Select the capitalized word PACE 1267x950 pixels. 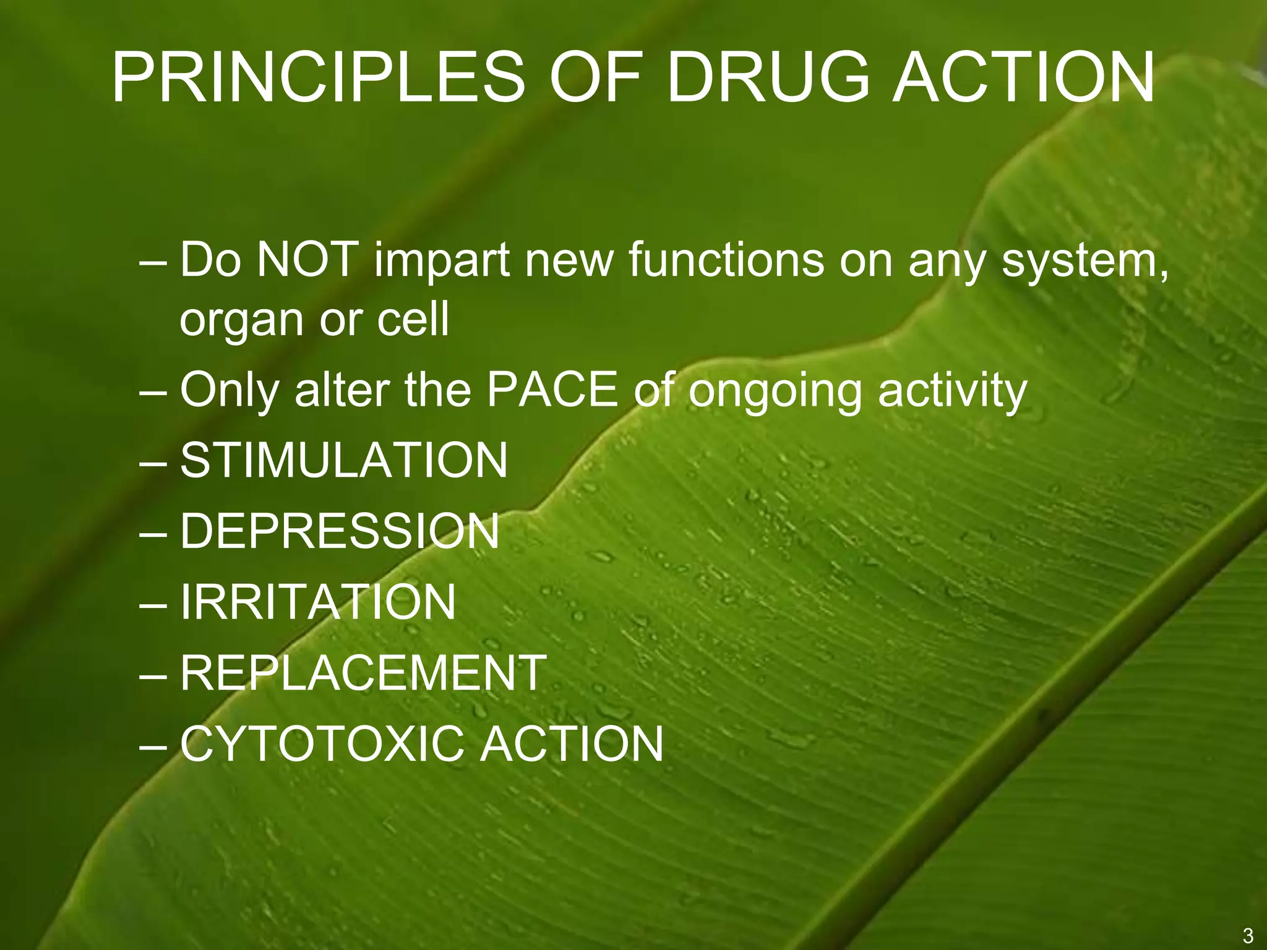pyautogui.click(x=553, y=390)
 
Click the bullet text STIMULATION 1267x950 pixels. pyautogui.click(x=344, y=461)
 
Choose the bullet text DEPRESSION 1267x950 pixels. pyautogui.click(x=340, y=531)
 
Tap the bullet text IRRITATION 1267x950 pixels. pyautogui.click(x=318, y=602)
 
